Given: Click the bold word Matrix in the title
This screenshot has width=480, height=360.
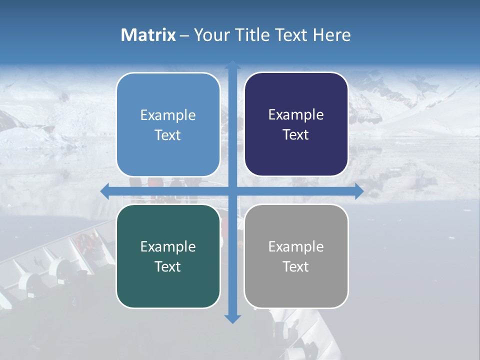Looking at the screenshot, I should coord(148,35).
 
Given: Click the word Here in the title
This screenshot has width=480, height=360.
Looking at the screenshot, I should coord(332,35).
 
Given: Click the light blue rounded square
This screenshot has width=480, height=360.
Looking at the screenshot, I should coord(168,124).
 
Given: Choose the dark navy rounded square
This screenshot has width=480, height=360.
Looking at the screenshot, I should coord(296,124).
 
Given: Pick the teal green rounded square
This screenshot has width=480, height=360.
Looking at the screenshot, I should coord(168,256).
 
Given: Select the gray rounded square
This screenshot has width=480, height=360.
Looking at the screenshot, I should coord(296,256).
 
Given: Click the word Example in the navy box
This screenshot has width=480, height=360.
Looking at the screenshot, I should coord(296,115).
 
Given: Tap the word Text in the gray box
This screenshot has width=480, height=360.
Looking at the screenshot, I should coord(296,266).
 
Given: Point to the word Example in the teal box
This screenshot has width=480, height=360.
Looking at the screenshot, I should coord(168,246).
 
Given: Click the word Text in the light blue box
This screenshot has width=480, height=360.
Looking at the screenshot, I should coord(168,135).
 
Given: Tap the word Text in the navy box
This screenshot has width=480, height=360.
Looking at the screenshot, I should coord(296,134).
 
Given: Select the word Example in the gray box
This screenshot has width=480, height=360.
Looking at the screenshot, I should coord(296,246).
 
